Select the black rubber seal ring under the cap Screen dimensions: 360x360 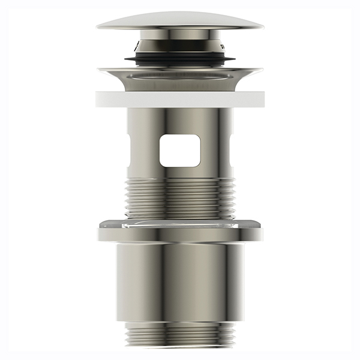pos(180,59)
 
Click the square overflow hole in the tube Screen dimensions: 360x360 pos(179,150)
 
